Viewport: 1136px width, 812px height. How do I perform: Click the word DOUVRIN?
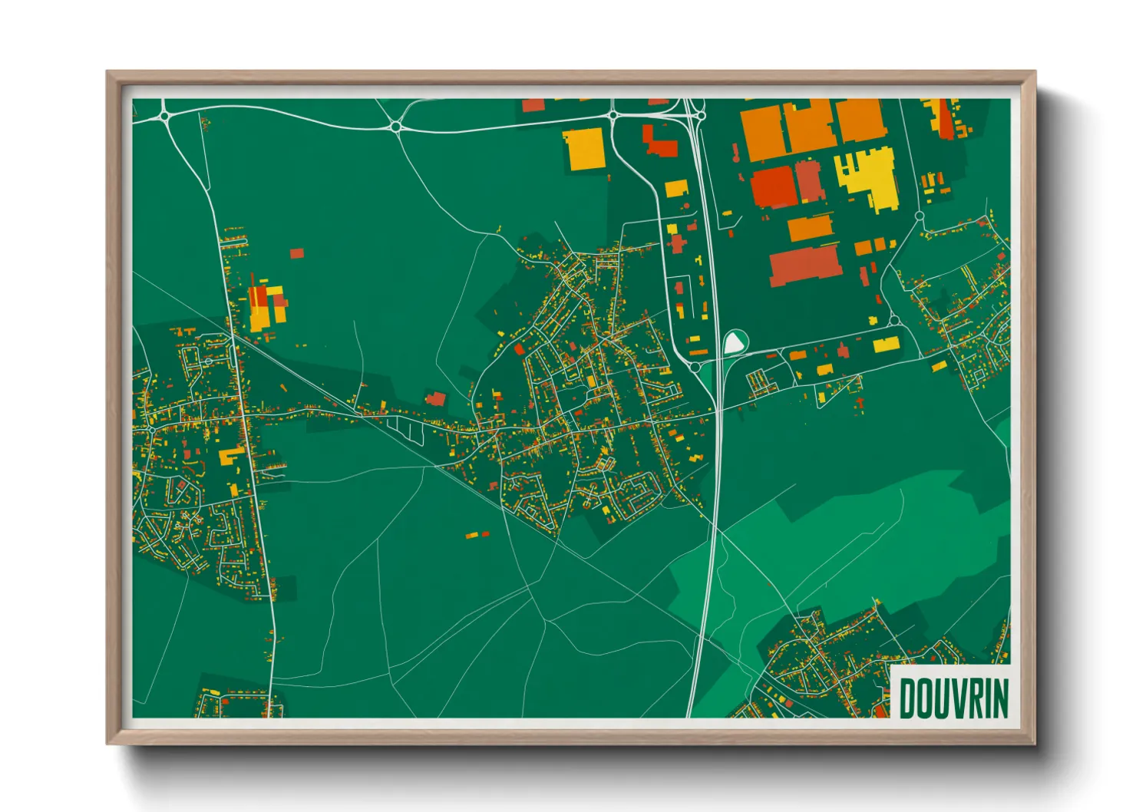click(x=953, y=698)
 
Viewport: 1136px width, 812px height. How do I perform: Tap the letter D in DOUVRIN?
click(x=906, y=698)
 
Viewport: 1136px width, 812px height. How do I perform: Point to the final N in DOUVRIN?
click(x=1000, y=698)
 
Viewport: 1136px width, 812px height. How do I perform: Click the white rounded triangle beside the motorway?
click(x=735, y=342)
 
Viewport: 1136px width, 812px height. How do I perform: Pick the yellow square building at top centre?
click(x=584, y=148)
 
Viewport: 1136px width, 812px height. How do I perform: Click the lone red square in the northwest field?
click(x=297, y=253)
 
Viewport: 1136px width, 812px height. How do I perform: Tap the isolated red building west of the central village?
click(x=436, y=398)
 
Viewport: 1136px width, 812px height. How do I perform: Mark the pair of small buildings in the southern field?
click(x=477, y=534)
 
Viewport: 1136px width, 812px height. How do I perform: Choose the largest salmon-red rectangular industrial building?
click(x=804, y=265)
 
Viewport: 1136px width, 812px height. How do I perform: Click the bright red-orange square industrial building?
click(x=773, y=187)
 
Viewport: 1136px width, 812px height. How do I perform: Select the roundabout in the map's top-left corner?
click(x=165, y=117)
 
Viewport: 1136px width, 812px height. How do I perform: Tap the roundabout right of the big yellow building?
click(x=919, y=216)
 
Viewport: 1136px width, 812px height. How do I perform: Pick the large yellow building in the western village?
click(x=230, y=457)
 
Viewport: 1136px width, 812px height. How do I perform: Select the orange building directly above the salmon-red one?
click(x=810, y=227)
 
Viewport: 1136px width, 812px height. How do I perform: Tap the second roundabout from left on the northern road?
click(x=396, y=127)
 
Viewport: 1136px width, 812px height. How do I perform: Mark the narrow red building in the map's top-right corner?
click(x=945, y=119)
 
